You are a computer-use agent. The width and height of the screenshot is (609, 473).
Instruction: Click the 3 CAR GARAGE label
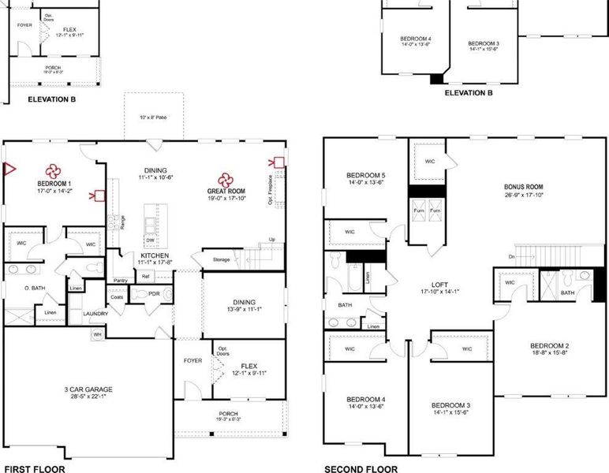click(89, 389)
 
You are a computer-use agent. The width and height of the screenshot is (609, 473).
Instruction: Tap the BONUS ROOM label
click(524, 188)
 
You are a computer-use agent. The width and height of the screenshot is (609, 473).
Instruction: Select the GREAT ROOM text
click(226, 191)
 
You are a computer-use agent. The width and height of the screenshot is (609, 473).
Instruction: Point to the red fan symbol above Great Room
click(226, 177)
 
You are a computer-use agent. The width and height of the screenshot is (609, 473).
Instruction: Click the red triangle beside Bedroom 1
click(9, 168)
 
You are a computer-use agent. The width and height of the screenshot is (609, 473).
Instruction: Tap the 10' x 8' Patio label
click(154, 118)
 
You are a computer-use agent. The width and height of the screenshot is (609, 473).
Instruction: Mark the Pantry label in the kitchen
click(121, 280)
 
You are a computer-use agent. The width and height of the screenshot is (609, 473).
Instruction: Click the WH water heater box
click(98, 334)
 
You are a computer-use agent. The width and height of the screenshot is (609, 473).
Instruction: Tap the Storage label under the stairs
click(221, 259)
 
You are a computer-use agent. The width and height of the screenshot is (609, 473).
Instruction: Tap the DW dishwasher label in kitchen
click(150, 240)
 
